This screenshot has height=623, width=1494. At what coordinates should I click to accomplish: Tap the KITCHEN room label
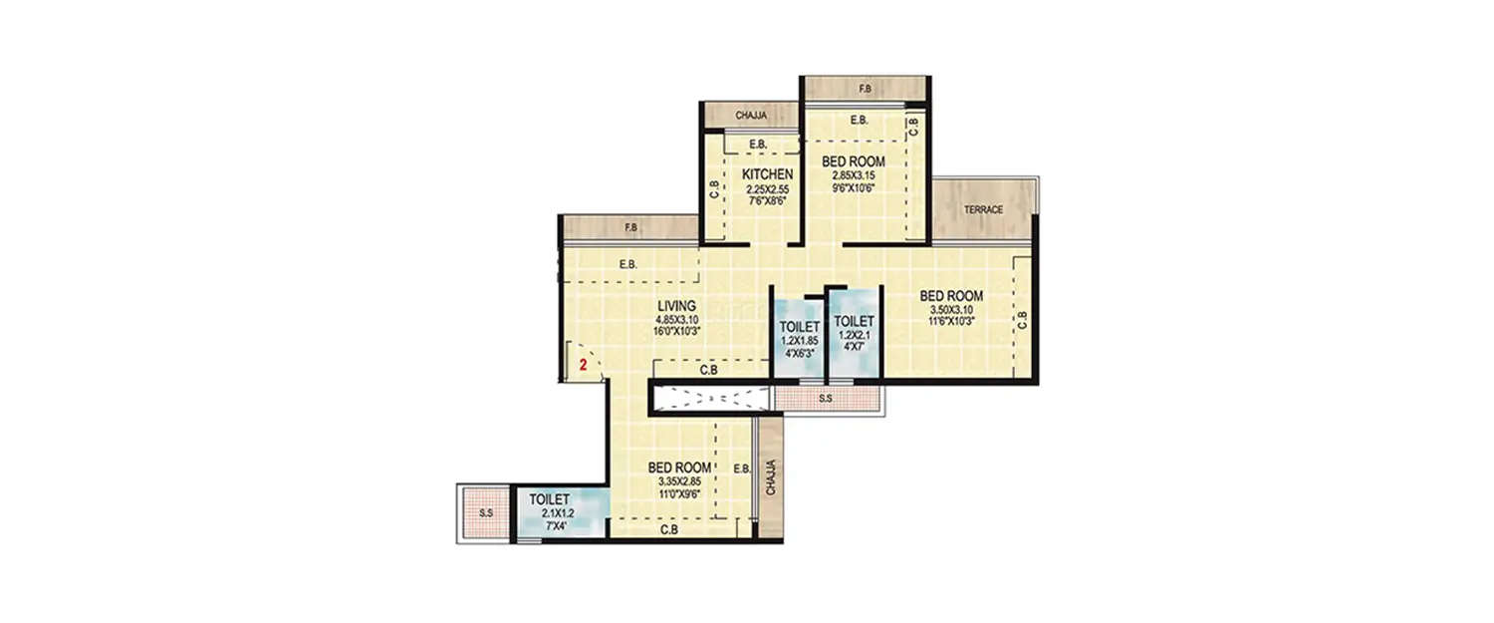pos(768,174)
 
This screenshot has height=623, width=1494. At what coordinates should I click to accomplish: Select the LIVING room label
pos(675,305)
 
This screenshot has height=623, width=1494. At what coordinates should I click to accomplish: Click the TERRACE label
pos(982,209)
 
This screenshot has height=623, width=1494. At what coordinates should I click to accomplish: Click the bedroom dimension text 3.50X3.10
pos(951,310)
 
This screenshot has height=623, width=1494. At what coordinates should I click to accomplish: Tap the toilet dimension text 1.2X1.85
pos(799,340)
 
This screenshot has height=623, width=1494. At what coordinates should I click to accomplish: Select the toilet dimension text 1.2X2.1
pos(854,336)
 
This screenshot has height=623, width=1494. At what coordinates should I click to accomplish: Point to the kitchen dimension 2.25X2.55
pos(768,187)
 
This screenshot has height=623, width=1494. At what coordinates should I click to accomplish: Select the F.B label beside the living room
pos(630,228)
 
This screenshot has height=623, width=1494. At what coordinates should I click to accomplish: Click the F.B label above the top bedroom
pos(865,90)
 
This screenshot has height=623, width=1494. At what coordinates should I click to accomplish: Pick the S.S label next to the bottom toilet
pos(486,513)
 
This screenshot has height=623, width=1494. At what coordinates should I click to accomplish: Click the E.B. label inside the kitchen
pos(758,146)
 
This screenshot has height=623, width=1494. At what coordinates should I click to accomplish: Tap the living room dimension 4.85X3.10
pos(675,319)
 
